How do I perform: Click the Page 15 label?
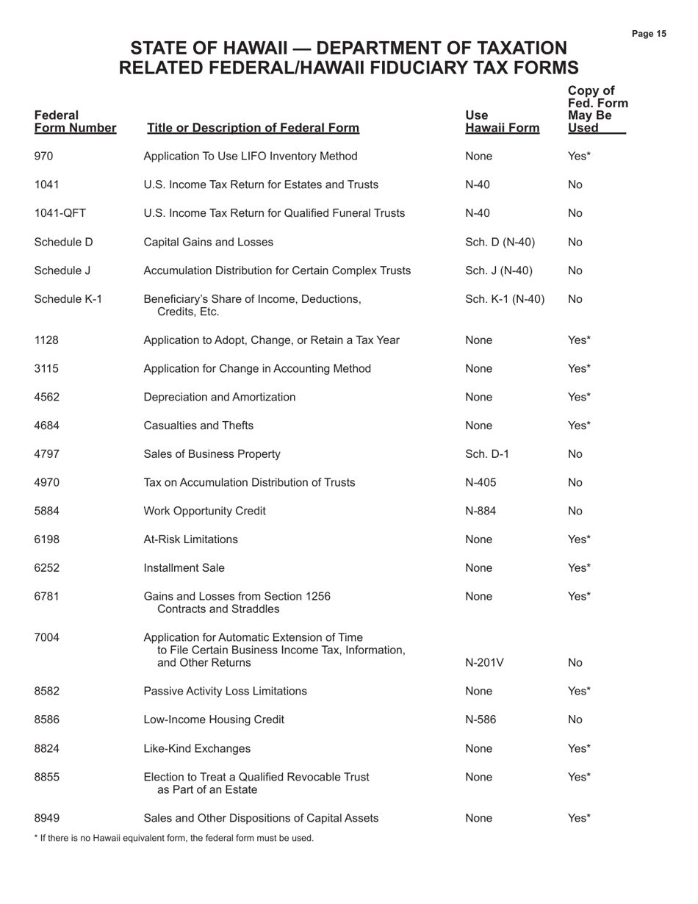649,34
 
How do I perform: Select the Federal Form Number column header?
75,122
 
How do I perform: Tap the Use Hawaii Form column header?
503,122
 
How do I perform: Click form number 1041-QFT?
60,213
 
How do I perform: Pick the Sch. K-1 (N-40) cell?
505,299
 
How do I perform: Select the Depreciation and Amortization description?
220,397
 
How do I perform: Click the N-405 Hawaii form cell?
481,482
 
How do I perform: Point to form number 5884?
47,511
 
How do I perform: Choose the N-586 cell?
481,720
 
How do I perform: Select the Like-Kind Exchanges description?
197,748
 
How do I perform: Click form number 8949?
47,818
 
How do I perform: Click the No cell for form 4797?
575,454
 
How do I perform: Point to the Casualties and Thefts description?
198,426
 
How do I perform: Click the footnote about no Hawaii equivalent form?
174,838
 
